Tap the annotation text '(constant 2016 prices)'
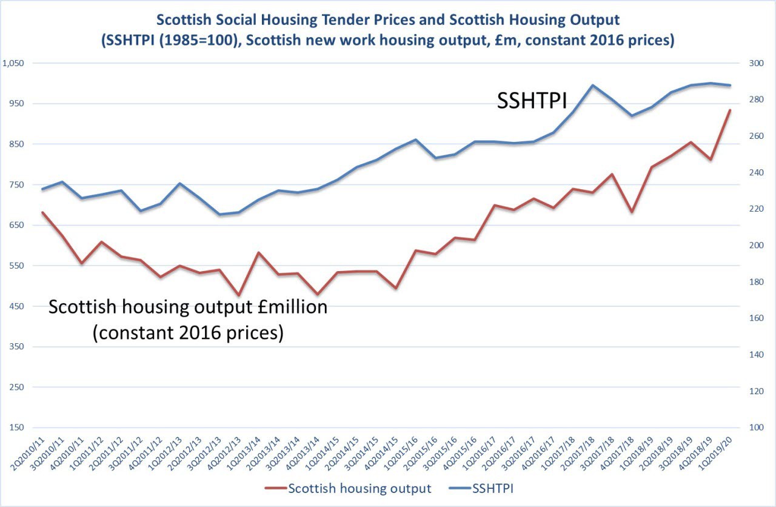pos(188,332)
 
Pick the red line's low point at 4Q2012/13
pos(238,296)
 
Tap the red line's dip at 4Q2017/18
pos(632,212)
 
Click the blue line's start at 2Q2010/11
pos(42,189)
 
